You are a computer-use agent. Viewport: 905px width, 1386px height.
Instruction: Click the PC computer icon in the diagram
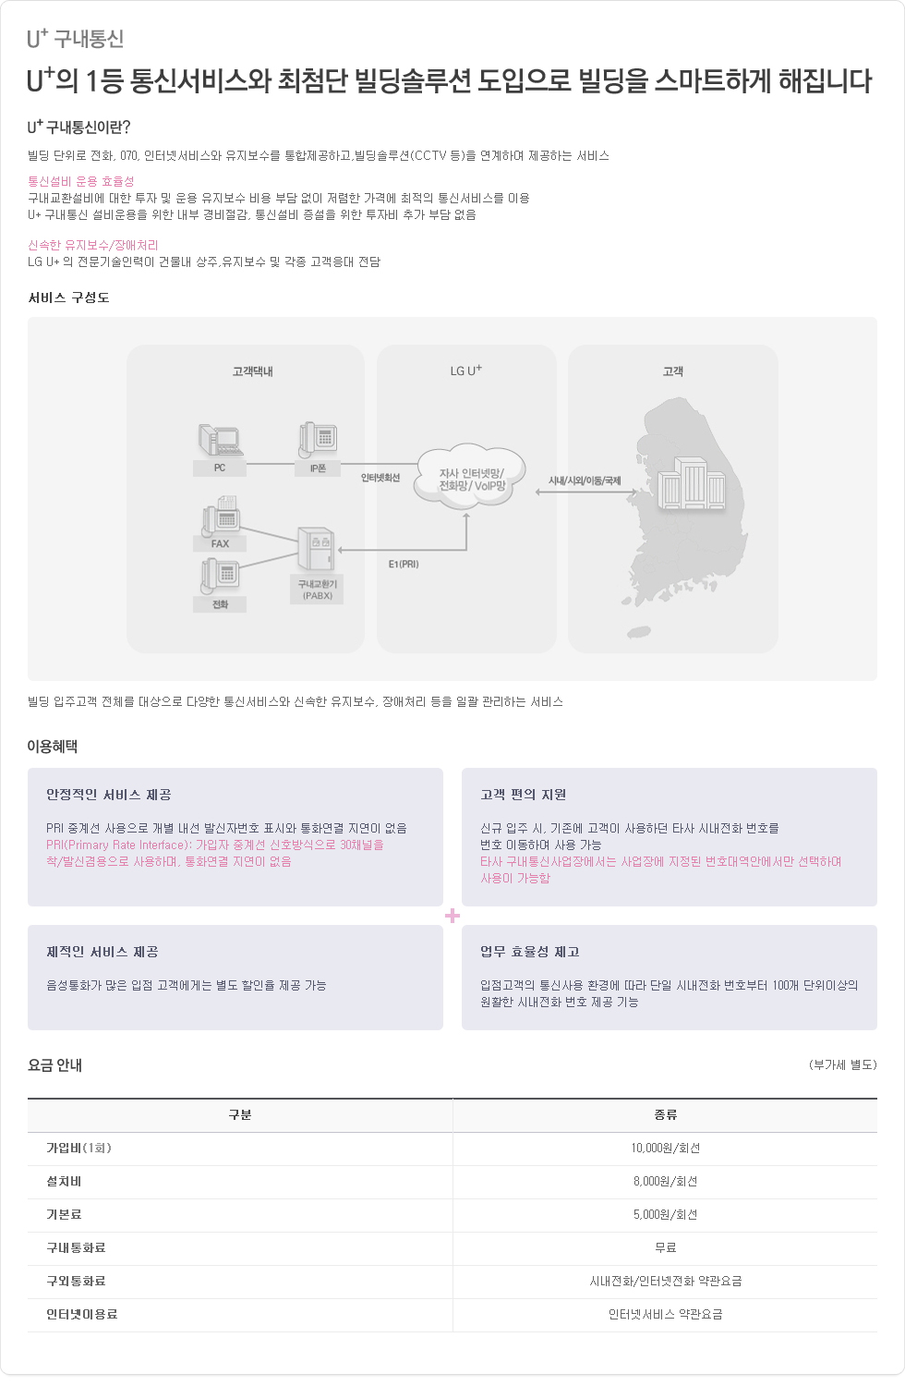[220, 441]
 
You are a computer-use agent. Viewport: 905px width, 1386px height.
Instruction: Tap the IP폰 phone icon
[318, 439]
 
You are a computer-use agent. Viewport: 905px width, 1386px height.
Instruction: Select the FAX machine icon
[220, 515]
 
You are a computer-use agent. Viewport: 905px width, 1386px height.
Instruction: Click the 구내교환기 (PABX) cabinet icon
[316, 549]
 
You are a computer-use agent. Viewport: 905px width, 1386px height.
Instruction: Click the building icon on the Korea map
[692, 483]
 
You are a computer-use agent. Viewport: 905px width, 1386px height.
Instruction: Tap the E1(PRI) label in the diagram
[404, 565]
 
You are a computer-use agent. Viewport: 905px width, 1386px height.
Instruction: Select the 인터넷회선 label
[380, 478]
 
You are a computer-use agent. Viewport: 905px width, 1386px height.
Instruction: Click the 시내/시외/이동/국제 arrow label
[585, 480]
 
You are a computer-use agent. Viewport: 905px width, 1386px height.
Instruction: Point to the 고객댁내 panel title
[252, 371]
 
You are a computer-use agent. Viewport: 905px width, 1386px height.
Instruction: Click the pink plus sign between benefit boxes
[452, 916]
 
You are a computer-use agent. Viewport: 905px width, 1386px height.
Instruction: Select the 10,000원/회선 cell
[665, 1149]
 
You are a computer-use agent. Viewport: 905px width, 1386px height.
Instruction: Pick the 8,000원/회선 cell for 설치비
[665, 1182]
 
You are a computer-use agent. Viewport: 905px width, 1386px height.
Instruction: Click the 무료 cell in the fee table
[665, 1248]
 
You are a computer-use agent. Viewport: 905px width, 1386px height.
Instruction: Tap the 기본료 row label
[64, 1215]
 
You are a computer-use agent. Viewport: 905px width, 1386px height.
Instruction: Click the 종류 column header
[665, 1115]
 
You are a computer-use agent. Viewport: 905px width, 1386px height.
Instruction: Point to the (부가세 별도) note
[842, 1064]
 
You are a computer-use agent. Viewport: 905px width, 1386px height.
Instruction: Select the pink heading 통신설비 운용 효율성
[81, 181]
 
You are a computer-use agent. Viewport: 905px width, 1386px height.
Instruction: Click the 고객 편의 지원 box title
[524, 795]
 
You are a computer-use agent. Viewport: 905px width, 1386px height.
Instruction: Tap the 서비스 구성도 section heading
[68, 298]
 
